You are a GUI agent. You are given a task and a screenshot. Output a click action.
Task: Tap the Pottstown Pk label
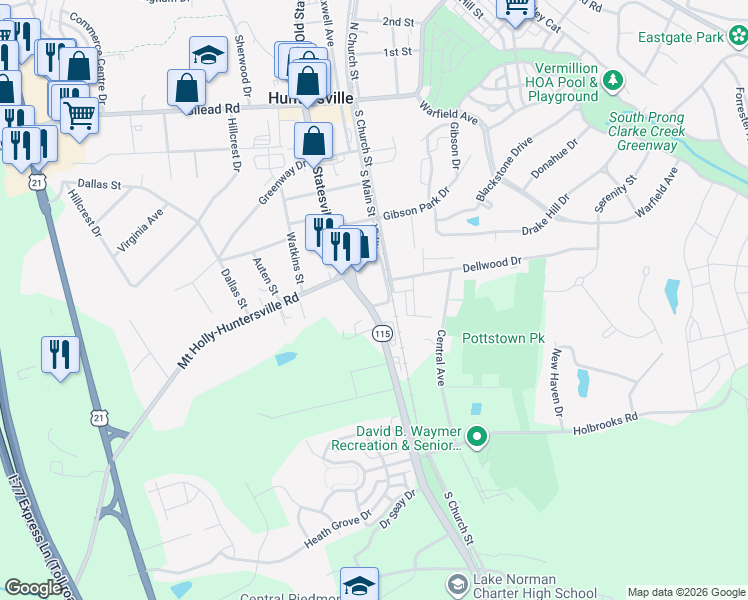tap(502, 339)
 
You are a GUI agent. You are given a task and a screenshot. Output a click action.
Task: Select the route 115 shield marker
tap(381, 332)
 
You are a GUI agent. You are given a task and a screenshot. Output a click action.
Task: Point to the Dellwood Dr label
tap(493, 265)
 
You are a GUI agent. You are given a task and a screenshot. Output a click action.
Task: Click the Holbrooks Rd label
tap(605, 424)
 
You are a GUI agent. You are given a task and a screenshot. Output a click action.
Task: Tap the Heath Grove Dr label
tap(338, 529)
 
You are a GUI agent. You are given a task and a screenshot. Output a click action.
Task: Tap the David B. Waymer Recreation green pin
tap(477, 436)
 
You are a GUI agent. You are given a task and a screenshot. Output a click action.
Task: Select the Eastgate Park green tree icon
tap(738, 37)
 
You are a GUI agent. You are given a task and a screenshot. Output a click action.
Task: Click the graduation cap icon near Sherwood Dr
tap(209, 54)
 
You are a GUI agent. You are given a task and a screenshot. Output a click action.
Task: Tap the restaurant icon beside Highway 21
tap(59, 356)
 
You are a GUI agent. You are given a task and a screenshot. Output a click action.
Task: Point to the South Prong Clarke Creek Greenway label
tap(646, 131)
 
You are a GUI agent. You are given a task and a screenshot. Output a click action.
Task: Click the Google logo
tap(33, 588)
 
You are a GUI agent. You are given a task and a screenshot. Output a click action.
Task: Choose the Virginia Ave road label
tap(141, 230)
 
